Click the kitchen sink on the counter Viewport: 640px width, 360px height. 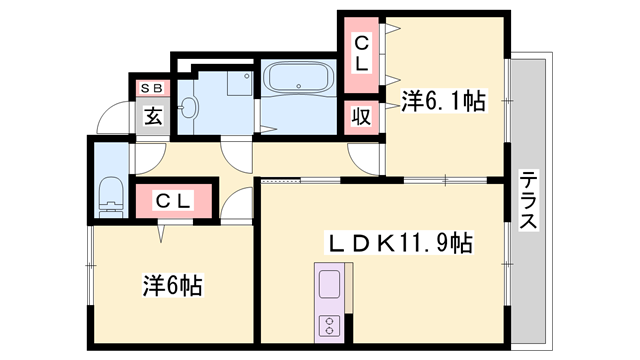click(x=330, y=286)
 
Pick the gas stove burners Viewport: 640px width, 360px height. click(x=330, y=325)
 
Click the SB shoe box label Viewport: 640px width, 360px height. click(x=152, y=89)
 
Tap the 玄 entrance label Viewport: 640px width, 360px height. click(x=152, y=117)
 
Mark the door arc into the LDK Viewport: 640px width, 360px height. click(x=238, y=205)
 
